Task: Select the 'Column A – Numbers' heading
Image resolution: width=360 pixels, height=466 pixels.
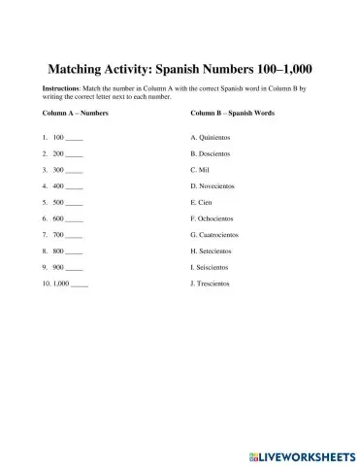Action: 76,115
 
